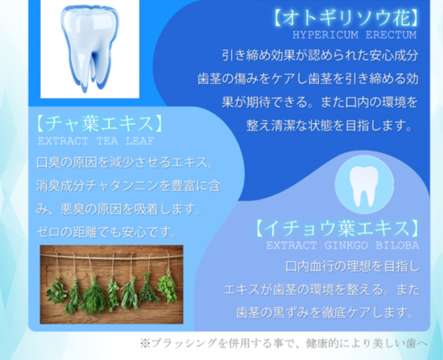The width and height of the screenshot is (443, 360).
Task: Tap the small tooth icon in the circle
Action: pos(363,186)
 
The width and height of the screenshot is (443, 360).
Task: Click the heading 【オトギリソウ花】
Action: pos(346,18)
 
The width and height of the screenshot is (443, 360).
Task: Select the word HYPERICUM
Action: pos(325,35)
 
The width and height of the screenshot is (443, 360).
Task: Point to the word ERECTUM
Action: pos(391,35)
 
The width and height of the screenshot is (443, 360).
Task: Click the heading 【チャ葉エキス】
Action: pos(99,123)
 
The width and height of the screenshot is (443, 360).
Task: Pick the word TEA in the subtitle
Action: pos(107,141)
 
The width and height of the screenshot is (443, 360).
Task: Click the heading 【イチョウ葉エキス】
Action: pos(337,228)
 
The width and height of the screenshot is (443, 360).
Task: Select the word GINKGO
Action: pos(346,246)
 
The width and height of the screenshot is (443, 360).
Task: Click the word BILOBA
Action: pos(397,246)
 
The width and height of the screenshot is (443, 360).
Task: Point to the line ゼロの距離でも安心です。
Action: pos(107,232)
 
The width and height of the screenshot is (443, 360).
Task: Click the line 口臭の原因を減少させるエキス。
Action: pos(125,163)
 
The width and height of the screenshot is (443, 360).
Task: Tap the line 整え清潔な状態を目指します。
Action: pos(329,126)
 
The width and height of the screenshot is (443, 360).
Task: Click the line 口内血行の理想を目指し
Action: pos(353,267)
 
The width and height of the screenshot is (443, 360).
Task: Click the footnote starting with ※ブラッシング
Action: pos(284,343)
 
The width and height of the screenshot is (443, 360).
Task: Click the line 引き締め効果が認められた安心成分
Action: pos(320,55)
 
